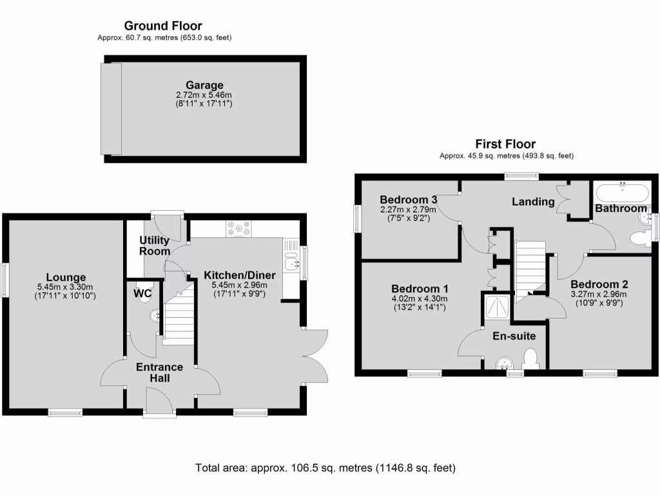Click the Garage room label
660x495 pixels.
pyautogui.click(x=204, y=85)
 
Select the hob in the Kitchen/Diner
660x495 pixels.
pyautogui.click(x=239, y=229)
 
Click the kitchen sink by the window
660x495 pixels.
pyautogui.click(x=293, y=262)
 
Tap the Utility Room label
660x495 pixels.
pyautogui.click(x=155, y=246)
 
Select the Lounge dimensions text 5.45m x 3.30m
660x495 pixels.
pyautogui.click(x=65, y=287)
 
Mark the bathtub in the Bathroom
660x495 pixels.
pyautogui.click(x=622, y=192)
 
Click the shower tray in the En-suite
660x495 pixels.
pyautogui.click(x=498, y=307)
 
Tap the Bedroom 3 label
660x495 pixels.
pyautogui.click(x=409, y=199)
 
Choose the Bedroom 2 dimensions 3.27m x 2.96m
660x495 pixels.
pyautogui.click(x=599, y=295)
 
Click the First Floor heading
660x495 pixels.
pyautogui.click(x=505, y=144)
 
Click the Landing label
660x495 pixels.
pyautogui.click(x=533, y=202)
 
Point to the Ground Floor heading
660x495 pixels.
pyautogui.click(x=163, y=26)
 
